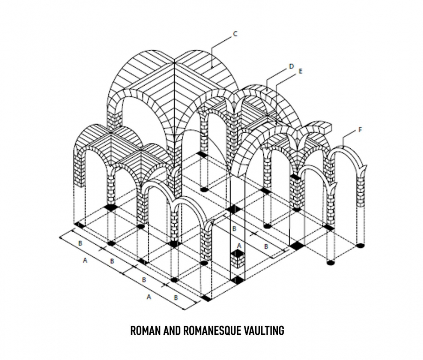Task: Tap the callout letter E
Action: pos(301,72)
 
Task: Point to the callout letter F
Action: pos(360,129)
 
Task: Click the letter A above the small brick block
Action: pos(239,245)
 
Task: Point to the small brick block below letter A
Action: pos(237,258)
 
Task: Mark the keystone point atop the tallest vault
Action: pos(174,62)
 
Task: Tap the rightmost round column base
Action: pos(360,246)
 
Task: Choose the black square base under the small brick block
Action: pos(236,280)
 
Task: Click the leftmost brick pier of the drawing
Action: pos(79,171)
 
